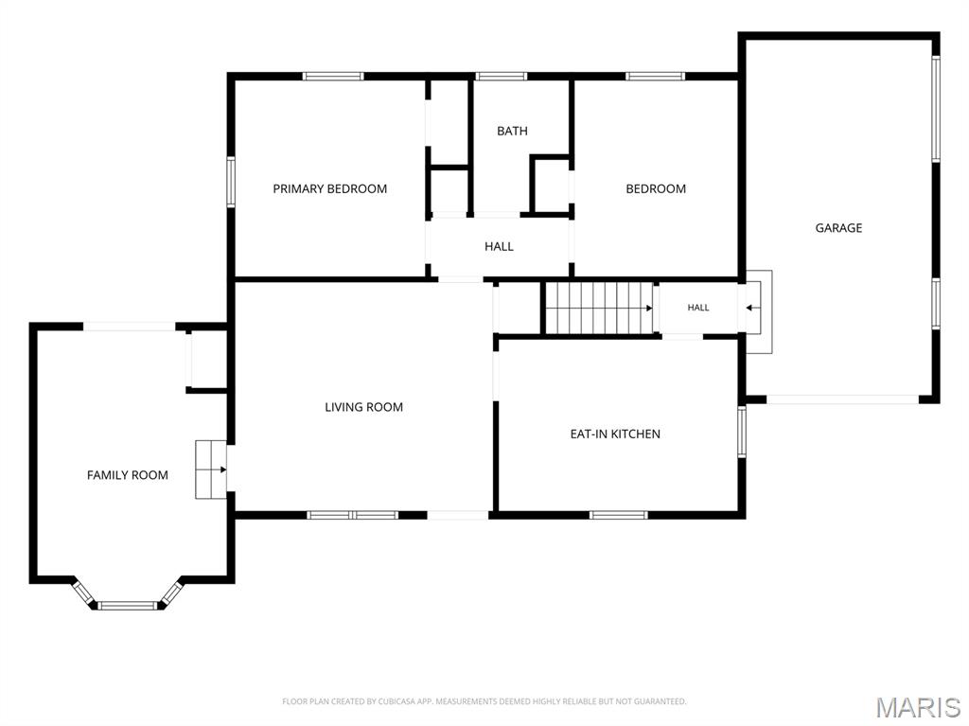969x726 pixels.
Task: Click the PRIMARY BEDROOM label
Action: [x=330, y=188]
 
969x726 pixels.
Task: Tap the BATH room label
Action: [x=512, y=131]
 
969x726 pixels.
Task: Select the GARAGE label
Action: [x=838, y=227]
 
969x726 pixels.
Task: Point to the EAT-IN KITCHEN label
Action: [x=615, y=434]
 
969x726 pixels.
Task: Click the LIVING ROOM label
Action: [x=364, y=407]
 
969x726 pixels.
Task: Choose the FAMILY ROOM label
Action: [x=128, y=475]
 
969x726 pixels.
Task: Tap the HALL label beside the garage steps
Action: [x=698, y=308]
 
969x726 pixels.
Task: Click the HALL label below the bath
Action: [x=499, y=246]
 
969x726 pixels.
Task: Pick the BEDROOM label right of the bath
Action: [x=656, y=188]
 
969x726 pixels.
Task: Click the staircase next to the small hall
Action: [x=599, y=308]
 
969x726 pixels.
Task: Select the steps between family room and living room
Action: [x=211, y=469]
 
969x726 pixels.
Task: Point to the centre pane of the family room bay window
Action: [x=128, y=605]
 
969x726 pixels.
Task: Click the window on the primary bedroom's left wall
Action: [x=231, y=181]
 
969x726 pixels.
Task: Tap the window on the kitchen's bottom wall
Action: [x=619, y=515]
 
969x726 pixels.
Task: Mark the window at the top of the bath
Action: [x=502, y=76]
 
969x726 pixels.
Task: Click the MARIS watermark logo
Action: [x=918, y=707]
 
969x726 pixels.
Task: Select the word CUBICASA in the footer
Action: [x=400, y=701]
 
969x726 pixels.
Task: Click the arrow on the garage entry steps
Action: [x=752, y=308]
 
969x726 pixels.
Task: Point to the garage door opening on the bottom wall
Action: [x=843, y=399]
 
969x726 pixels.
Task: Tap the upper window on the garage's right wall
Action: [x=936, y=109]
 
